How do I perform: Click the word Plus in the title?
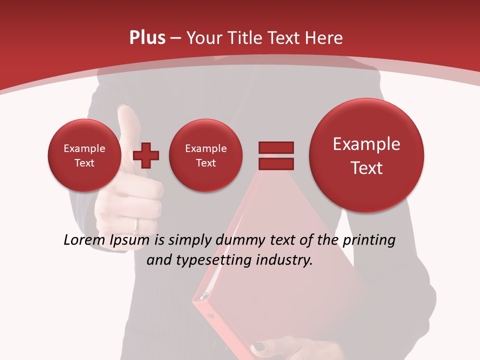(x=147, y=38)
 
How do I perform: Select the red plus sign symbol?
(x=146, y=155)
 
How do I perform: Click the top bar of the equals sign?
(x=275, y=147)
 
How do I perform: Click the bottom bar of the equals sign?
(x=275, y=163)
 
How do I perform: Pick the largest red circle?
(x=366, y=155)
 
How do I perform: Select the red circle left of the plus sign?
(x=84, y=155)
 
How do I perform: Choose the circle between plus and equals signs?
(x=205, y=155)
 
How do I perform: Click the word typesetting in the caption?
(x=211, y=260)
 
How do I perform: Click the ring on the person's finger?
(x=136, y=226)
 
